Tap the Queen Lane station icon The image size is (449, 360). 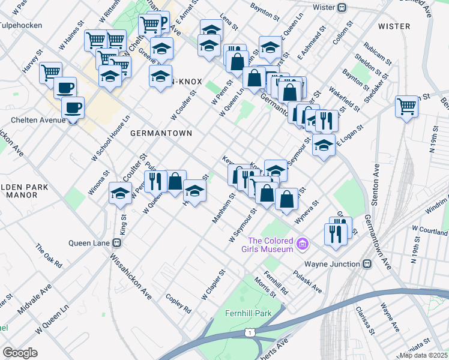coord(118,243)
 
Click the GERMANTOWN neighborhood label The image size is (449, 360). coord(161,133)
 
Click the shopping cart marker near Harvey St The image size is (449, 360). coord(50,73)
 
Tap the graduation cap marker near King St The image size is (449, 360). coord(120,193)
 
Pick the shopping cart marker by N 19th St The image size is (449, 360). coord(406,106)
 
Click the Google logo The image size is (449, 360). coord(20,353)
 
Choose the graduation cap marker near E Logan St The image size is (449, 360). coord(324,145)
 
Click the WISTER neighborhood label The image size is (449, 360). coord(394,26)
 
